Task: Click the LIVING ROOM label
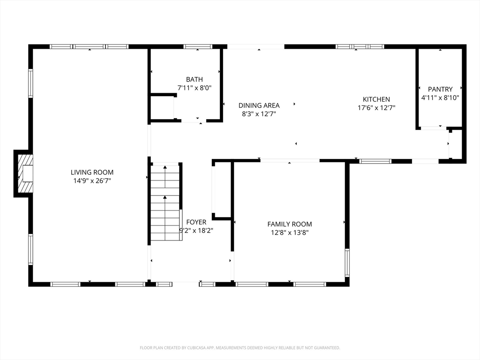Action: click(x=92, y=172)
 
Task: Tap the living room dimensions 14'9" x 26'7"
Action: click(x=92, y=180)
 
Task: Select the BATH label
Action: click(x=195, y=79)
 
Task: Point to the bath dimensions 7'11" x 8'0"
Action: click(x=195, y=88)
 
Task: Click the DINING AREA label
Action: click(x=259, y=105)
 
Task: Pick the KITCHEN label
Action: click(x=376, y=99)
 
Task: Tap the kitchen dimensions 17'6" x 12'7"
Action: click(x=376, y=108)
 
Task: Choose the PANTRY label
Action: click(x=440, y=89)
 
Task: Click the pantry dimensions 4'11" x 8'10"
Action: click(x=440, y=97)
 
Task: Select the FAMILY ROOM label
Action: click(x=290, y=224)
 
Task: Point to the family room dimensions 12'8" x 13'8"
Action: click(x=290, y=232)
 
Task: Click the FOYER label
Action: click(x=196, y=222)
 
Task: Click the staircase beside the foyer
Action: click(x=165, y=202)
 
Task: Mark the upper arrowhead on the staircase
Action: click(x=165, y=167)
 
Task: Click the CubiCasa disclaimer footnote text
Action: click(x=240, y=348)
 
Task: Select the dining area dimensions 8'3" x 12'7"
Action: click(x=259, y=114)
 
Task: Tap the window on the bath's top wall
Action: click(x=198, y=47)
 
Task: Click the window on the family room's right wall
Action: click(x=347, y=262)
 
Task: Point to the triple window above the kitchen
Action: click(x=360, y=47)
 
